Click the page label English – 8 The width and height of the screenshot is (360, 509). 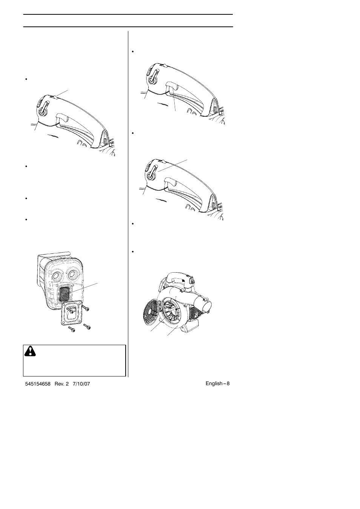(217, 383)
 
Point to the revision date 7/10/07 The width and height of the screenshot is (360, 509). (82, 384)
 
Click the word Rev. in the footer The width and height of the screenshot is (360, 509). (60, 384)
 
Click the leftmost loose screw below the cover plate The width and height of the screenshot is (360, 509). (72, 330)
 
